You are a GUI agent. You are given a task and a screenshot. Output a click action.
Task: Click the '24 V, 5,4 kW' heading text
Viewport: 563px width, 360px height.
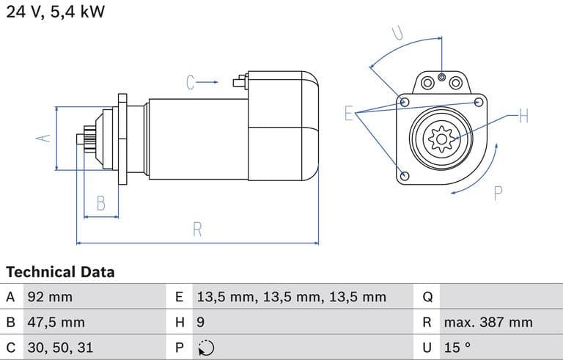pos(55,12)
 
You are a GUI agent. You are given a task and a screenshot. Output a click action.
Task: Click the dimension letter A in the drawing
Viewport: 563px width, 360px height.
pos(44,138)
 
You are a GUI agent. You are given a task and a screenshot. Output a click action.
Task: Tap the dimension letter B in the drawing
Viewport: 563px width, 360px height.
pos(102,202)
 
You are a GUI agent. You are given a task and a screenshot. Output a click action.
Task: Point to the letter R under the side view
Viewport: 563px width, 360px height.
pos(197,229)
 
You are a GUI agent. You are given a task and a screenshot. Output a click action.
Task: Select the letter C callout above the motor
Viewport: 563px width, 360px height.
pos(191,82)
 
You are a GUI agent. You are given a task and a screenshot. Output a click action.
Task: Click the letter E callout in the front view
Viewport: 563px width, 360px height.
pos(349,113)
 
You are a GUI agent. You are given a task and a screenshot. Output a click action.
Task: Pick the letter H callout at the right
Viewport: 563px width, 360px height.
pos(523,115)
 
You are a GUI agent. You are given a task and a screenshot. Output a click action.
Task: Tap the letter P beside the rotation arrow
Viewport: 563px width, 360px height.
pos(498,194)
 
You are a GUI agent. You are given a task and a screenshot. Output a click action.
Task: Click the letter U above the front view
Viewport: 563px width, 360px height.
pos(397,33)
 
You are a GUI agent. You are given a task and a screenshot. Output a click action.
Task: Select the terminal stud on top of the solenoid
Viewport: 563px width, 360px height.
pos(239,81)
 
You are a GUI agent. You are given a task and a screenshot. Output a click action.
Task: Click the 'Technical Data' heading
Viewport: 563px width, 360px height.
pos(60,272)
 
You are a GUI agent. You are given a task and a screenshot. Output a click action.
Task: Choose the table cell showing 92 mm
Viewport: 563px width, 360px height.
pos(50,298)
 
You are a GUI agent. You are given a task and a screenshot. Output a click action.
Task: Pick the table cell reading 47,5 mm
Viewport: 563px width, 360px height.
pos(56,323)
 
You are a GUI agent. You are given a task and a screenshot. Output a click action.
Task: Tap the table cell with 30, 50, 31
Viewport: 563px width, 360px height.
pos(60,348)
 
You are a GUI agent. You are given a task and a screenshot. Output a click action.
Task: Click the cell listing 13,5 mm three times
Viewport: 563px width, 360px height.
pos(291,298)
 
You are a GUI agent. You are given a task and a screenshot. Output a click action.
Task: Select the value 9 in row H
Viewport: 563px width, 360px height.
pos(201,323)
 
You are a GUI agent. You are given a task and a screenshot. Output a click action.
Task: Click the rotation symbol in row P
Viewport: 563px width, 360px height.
pos(206,348)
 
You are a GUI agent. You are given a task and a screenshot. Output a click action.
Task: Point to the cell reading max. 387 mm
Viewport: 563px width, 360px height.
pos(487,323)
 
